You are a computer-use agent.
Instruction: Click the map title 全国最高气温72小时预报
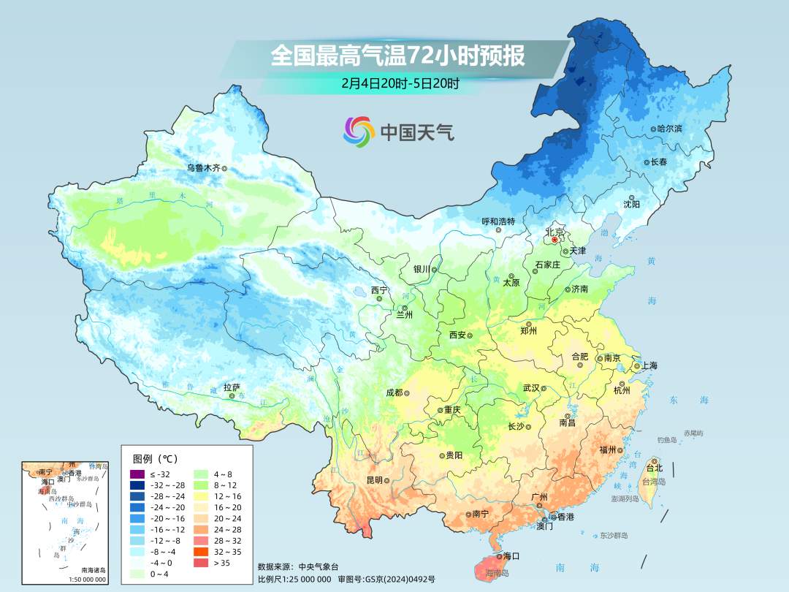(397, 56)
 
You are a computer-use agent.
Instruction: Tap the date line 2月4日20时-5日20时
(400, 83)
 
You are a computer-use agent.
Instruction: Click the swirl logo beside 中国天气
(359, 132)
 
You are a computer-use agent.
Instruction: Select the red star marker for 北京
(554, 239)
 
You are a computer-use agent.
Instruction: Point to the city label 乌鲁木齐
(202, 168)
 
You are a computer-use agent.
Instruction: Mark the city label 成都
(393, 392)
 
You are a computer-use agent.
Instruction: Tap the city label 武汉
(531, 388)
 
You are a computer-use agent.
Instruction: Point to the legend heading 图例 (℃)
(154, 459)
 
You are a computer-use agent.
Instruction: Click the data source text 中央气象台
(319, 566)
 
